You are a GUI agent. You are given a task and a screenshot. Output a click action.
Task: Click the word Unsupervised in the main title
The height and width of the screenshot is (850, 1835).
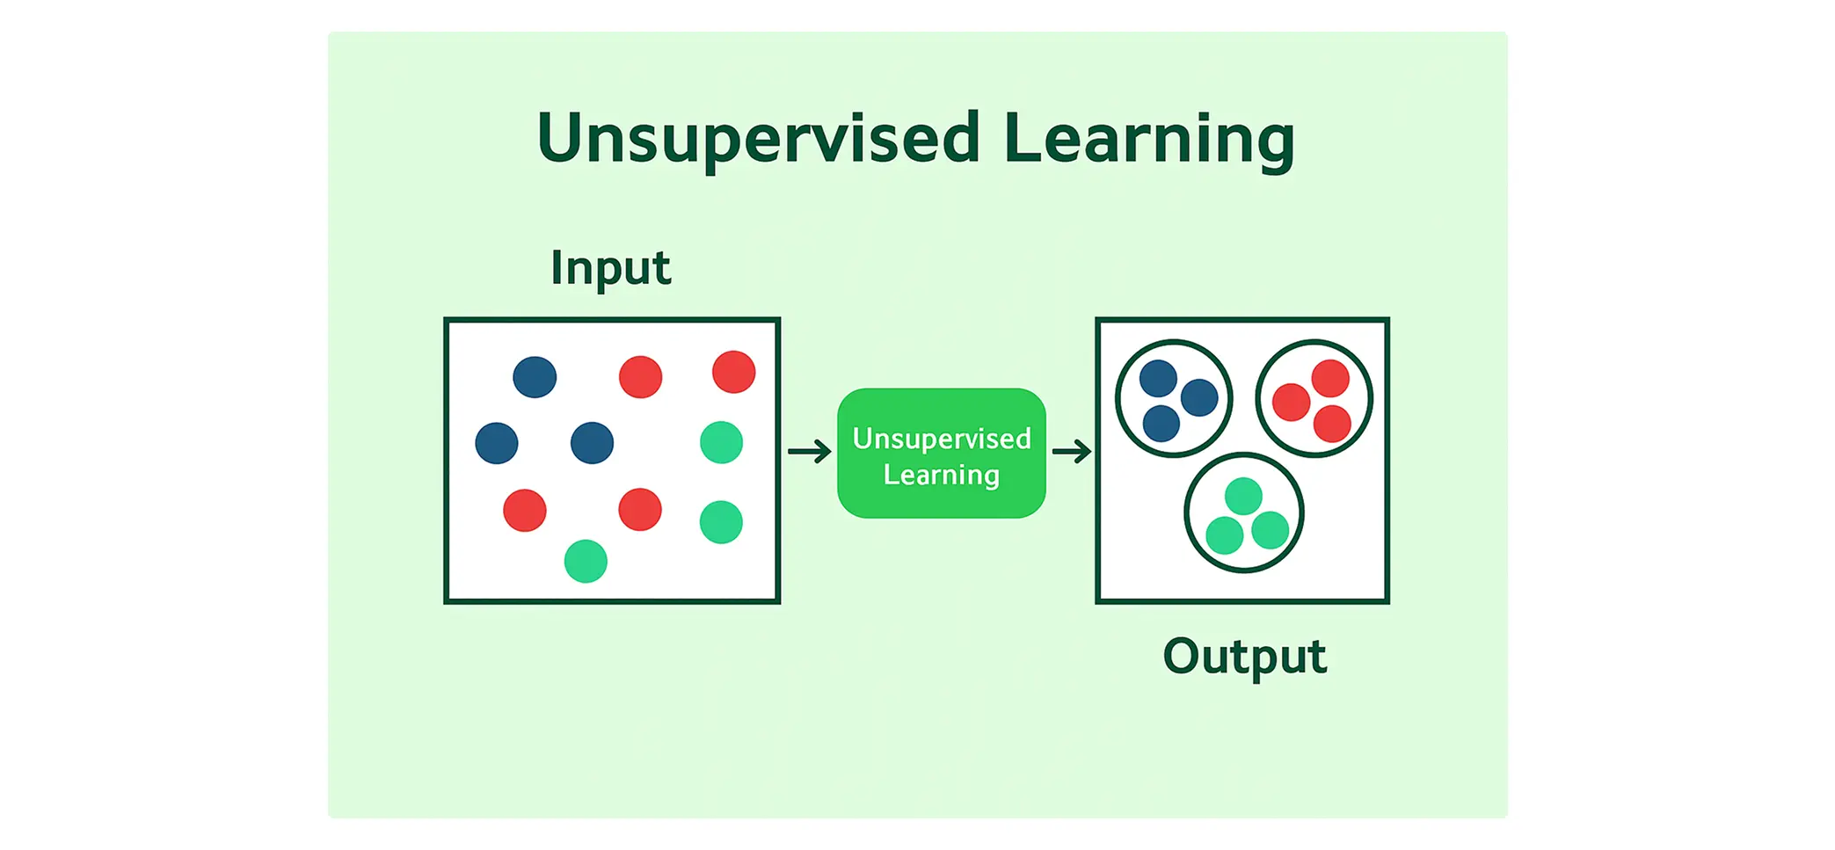coord(758,139)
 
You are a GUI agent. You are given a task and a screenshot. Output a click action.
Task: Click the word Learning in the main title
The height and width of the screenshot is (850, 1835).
coord(1148,139)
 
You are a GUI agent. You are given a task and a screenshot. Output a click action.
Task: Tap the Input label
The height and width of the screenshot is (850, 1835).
coord(610,268)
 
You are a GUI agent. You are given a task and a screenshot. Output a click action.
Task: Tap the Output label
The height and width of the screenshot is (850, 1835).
coord(1243,656)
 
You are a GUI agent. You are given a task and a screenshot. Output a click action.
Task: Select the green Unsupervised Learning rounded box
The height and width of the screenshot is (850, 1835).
coord(941,454)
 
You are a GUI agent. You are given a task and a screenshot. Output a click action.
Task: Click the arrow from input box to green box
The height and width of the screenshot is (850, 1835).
coord(809,452)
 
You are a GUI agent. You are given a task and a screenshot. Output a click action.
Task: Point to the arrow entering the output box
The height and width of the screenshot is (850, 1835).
coord(1071,452)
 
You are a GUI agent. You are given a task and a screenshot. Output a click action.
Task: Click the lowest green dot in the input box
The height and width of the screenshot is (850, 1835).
coord(586,561)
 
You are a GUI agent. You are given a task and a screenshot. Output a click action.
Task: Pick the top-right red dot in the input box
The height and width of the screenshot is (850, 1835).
coord(733,372)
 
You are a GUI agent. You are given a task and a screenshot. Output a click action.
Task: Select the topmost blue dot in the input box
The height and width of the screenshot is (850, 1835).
coord(535,377)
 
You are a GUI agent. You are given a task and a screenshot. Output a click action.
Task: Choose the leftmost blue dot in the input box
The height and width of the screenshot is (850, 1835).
coord(497,443)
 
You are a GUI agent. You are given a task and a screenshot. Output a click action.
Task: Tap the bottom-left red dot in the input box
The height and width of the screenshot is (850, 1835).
coord(525,510)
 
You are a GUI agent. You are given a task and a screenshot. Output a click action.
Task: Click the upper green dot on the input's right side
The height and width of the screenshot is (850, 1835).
coord(721,442)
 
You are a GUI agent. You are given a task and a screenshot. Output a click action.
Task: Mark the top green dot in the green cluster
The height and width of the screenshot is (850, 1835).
coord(1243,497)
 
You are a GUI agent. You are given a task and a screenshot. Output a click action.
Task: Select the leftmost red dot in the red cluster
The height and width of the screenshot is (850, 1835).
coord(1291,403)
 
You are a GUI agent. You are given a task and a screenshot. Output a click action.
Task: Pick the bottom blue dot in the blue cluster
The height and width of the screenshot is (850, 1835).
coord(1161,424)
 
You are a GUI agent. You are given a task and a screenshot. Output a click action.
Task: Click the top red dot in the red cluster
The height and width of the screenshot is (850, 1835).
coord(1330,379)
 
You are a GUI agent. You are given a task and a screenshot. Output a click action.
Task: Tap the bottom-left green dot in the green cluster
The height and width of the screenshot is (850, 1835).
coord(1224,535)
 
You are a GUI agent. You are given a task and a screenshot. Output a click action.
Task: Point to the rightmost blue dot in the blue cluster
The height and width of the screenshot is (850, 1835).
coord(1199,397)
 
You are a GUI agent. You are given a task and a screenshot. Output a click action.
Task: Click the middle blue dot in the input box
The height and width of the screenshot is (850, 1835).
coord(592,443)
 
